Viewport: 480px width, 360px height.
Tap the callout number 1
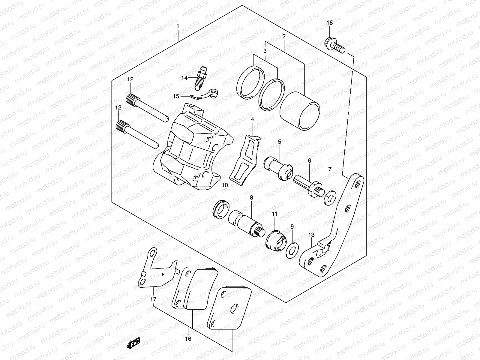[x=178, y=26]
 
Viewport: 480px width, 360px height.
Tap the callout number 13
[x=311, y=235]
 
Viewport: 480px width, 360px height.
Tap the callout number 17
[x=153, y=299]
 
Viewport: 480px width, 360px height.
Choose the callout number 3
[x=265, y=51]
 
